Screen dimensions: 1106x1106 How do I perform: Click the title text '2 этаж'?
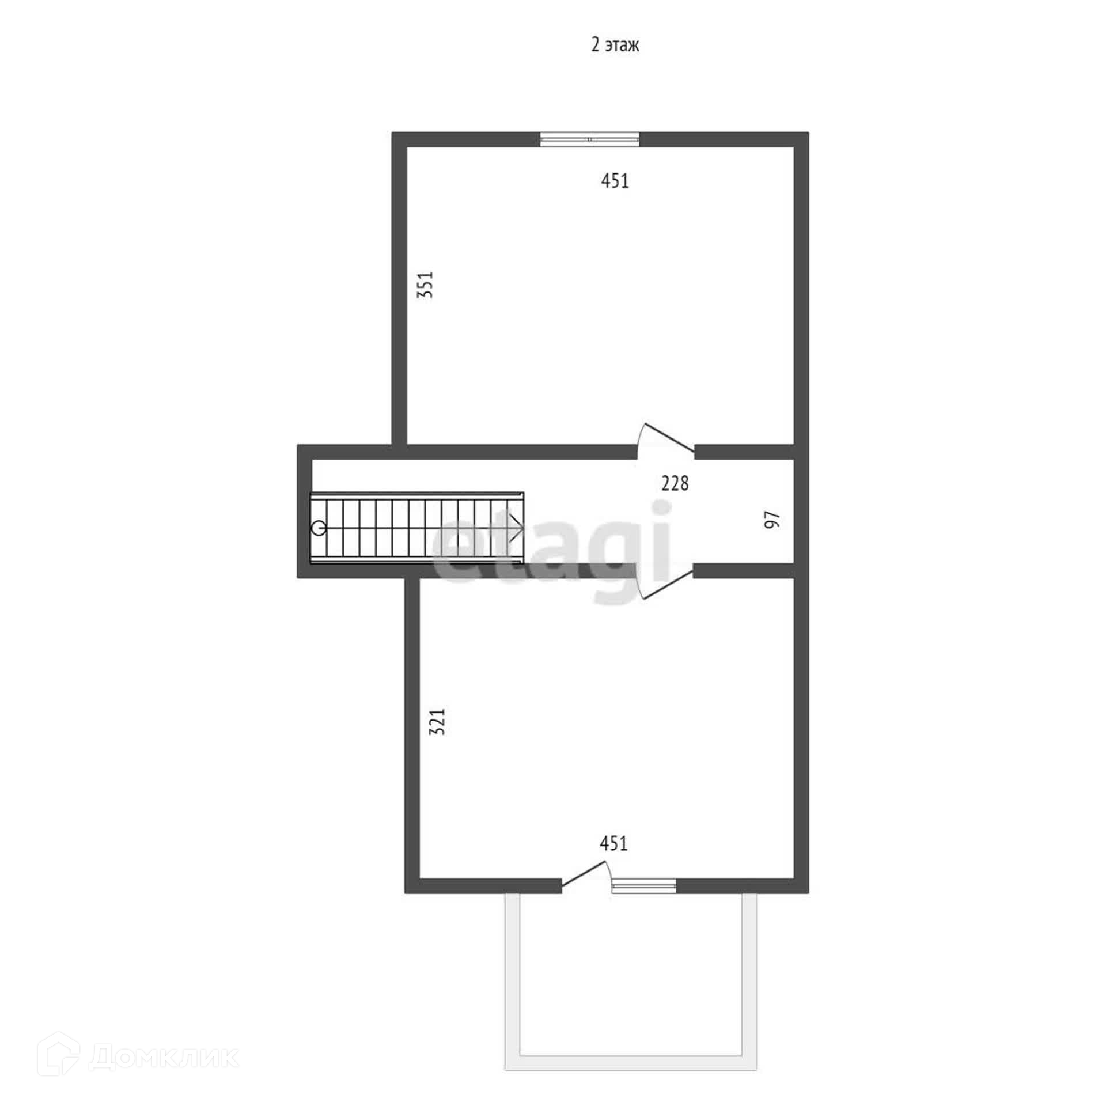(x=615, y=45)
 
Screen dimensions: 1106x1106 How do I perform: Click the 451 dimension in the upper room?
(x=615, y=181)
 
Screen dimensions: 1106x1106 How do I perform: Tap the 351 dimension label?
(x=425, y=284)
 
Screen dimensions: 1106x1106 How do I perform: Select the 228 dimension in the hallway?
(x=675, y=483)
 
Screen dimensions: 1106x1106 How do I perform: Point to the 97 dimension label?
(x=772, y=519)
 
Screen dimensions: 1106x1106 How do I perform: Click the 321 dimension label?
(x=438, y=721)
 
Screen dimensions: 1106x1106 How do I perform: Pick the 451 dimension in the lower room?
(x=613, y=843)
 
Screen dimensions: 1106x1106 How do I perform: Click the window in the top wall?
(x=589, y=139)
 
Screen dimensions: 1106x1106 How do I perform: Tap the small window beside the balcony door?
(x=643, y=885)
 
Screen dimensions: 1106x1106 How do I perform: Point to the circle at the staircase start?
(x=319, y=528)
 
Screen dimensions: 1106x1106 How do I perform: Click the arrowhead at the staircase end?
(x=516, y=528)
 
